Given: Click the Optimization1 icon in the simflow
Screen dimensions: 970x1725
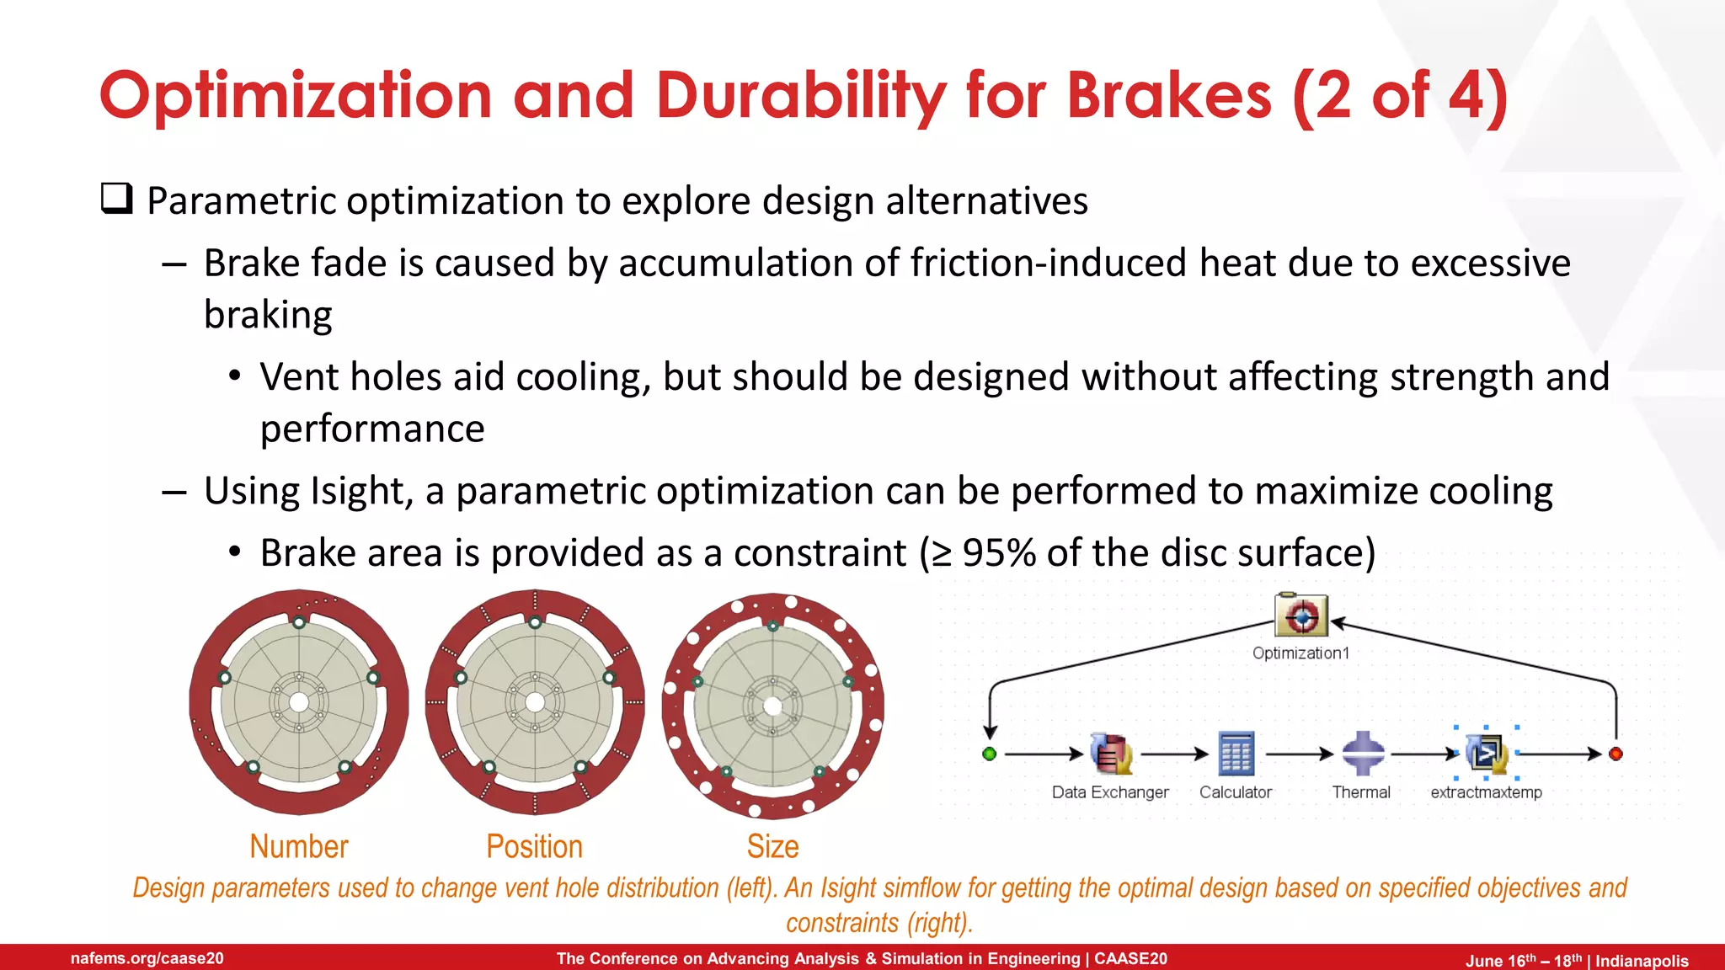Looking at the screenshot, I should click(1301, 616).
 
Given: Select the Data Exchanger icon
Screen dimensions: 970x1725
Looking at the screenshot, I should click(1111, 753).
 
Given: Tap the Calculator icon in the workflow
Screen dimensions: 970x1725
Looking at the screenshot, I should click(1236, 753).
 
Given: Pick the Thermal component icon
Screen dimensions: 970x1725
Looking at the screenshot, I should click(1362, 753).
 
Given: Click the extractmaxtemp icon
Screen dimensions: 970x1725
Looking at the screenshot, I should click(1487, 753).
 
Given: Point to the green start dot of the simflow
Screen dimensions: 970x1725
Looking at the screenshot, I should click(990, 754).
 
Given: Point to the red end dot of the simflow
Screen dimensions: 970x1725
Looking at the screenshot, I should click(1616, 754).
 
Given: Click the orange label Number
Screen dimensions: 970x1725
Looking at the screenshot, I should click(299, 846).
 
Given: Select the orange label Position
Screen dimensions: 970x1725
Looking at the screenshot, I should click(534, 846).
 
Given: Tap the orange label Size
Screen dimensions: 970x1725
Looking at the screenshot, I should click(772, 846).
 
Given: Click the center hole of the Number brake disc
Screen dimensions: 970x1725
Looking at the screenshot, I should click(299, 702).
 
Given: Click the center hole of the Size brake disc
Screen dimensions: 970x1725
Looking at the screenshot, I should click(772, 706).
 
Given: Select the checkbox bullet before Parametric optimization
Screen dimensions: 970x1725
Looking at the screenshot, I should click(116, 199).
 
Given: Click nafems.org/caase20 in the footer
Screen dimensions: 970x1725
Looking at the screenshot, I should click(147, 958).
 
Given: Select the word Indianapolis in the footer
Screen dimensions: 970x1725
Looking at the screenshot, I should click(1642, 961).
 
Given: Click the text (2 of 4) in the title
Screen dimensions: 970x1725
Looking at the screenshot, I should click(1399, 95).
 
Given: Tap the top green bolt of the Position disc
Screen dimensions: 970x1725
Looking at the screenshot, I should click(535, 622).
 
